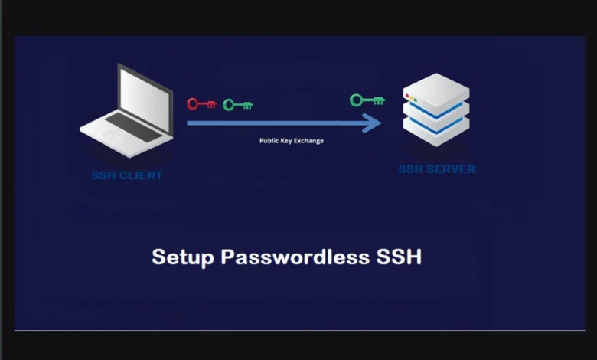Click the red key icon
[201, 103]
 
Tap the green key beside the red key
[237, 104]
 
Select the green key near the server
[367, 100]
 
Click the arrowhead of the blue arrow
[373, 123]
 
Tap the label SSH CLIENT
[127, 175]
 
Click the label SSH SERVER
[436, 169]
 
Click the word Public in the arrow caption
[269, 141]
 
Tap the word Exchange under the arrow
[310, 141]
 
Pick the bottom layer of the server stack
[436, 131]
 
